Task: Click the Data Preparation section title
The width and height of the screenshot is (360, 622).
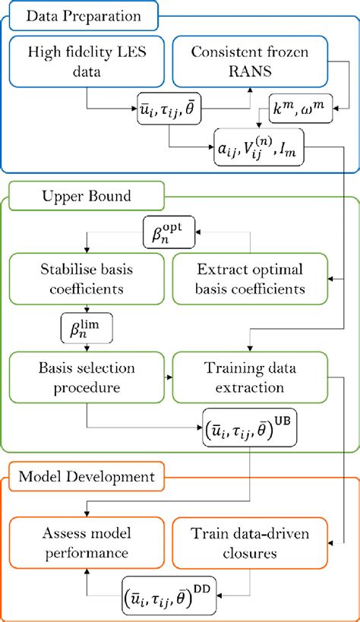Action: pos(81,16)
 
